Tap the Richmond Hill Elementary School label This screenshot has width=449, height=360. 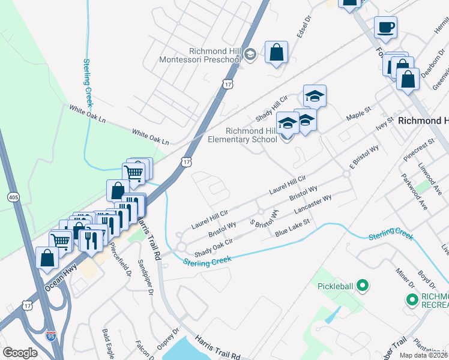coord(253,135)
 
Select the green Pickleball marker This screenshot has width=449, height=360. coord(362,286)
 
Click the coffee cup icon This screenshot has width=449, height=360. coord(385,27)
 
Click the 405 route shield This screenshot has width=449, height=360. coord(13,196)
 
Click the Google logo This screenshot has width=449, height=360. coord(20,353)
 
